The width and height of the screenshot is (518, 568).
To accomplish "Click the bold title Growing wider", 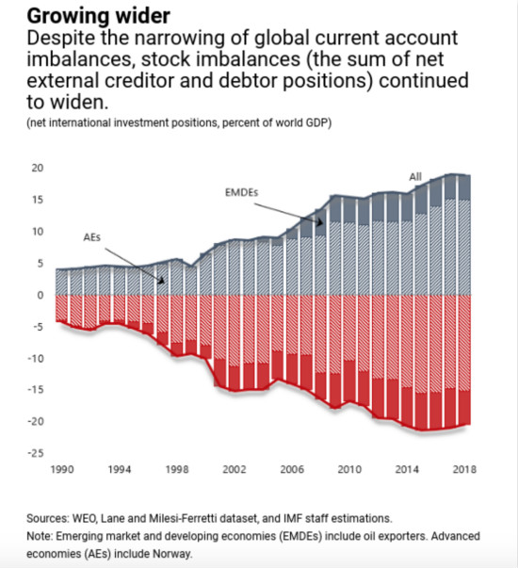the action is pyautogui.click(x=98, y=16).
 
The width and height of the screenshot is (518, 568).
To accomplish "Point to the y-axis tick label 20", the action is pyautogui.click(x=38, y=168).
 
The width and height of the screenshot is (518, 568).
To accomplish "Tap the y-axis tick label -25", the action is pyautogui.click(x=36, y=453).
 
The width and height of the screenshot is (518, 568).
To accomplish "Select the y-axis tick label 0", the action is pyautogui.click(x=40, y=295).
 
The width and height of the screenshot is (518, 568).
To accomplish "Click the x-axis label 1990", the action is pyautogui.click(x=62, y=469).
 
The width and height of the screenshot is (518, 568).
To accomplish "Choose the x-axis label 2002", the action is pyautogui.click(x=235, y=469).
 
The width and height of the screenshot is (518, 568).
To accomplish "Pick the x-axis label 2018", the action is pyautogui.click(x=464, y=469).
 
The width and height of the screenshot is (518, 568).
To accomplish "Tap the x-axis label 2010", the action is pyautogui.click(x=349, y=469).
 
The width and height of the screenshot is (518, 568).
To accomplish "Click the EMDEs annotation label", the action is pyautogui.click(x=242, y=192).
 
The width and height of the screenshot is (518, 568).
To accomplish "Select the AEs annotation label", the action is pyautogui.click(x=92, y=237).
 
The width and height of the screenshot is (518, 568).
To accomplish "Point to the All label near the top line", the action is pyautogui.click(x=415, y=177).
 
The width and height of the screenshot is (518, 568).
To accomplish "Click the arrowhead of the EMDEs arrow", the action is pyautogui.click(x=320, y=222).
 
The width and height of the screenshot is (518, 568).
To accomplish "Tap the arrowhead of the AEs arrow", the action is pyautogui.click(x=162, y=281).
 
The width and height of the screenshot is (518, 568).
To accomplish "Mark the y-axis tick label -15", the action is pyautogui.click(x=36, y=390).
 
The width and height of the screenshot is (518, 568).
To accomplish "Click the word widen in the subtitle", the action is pyautogui.click(x=79, y=102).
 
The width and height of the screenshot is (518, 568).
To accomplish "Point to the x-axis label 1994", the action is pyautogui.click(x=120, y=469).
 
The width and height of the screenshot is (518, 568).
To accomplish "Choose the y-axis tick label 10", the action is pyautogui.click(x=38, y=232).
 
